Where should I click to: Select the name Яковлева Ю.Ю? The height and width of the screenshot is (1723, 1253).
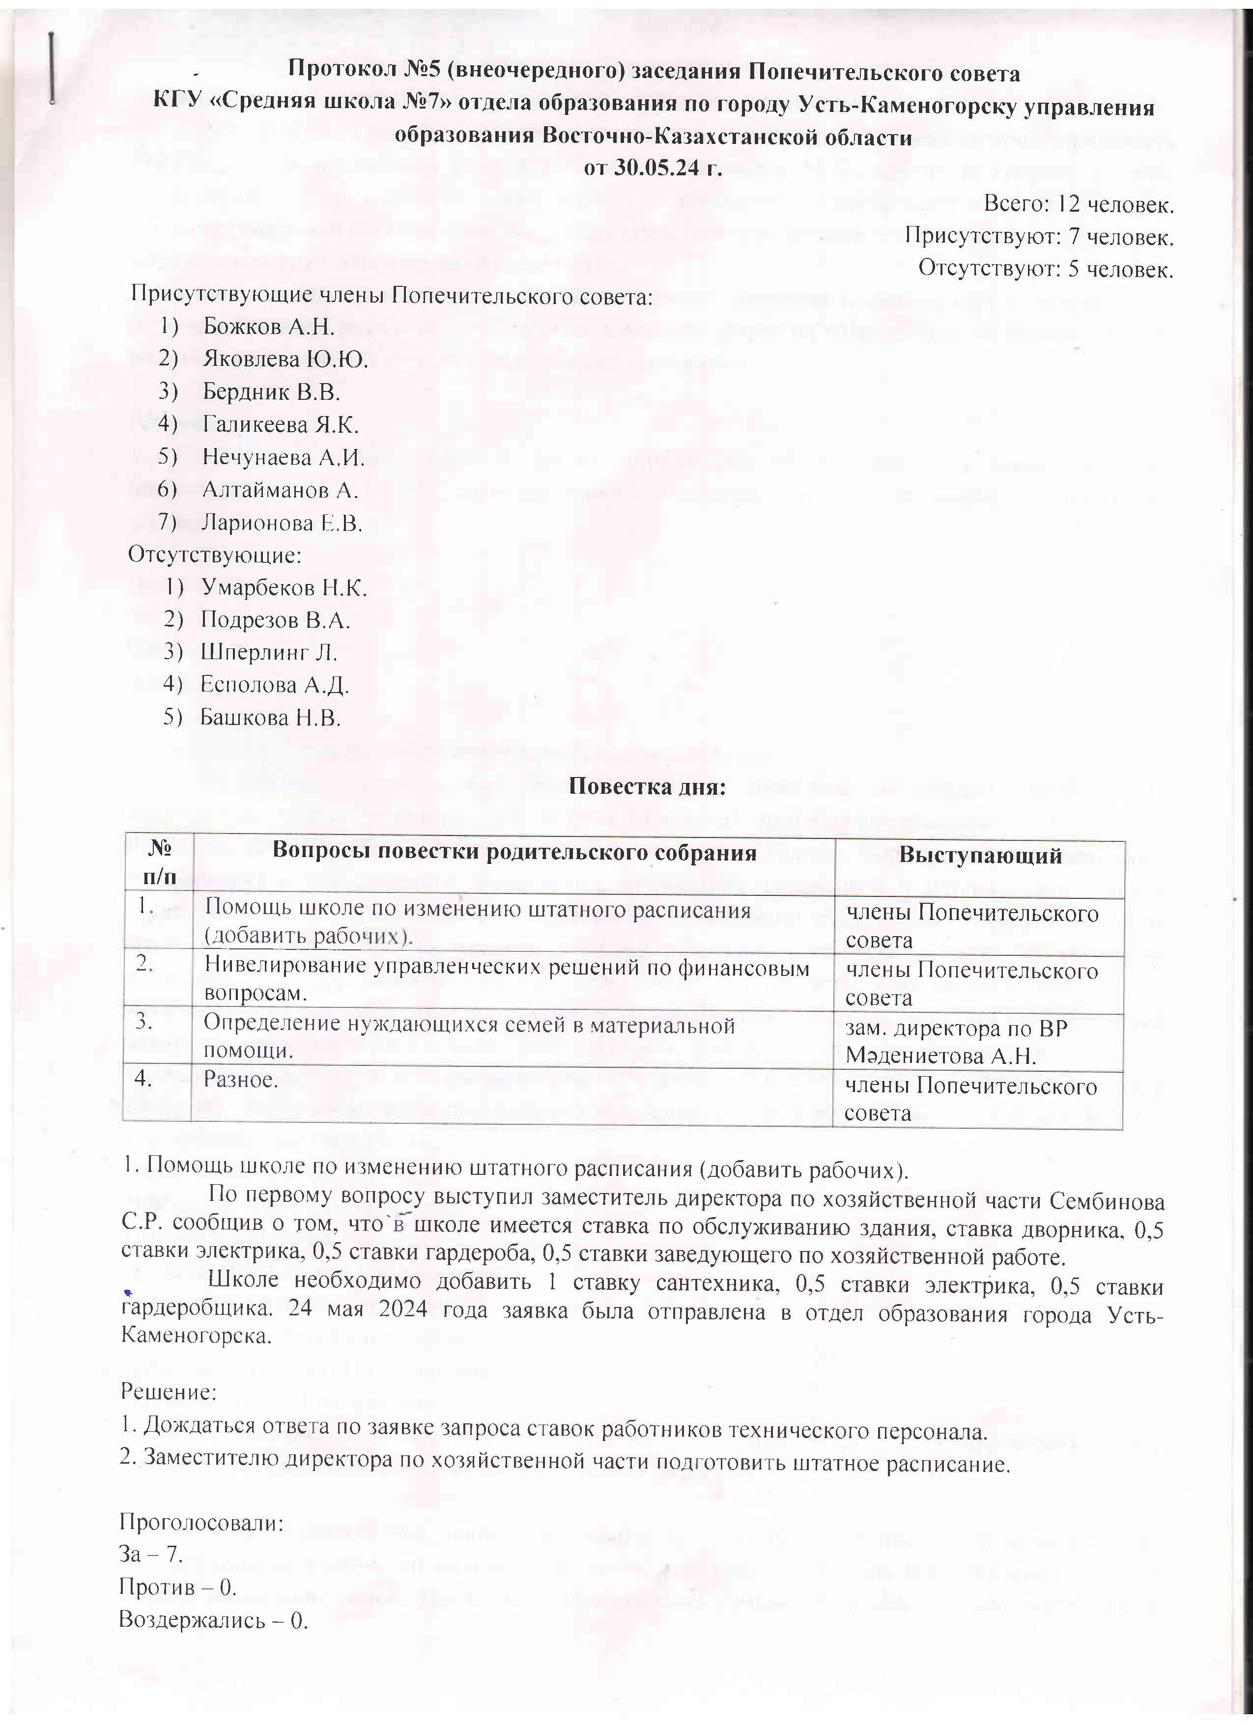click(x=285, y=360)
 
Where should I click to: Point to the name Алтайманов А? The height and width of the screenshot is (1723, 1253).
click(x=280, y=490)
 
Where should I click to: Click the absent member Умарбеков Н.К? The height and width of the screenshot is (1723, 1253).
click(x=284, y=588)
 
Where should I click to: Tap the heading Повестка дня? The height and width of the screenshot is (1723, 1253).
click(x=648, y=786)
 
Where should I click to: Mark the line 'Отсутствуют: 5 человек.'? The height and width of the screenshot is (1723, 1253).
click(x=1046, y=269)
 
